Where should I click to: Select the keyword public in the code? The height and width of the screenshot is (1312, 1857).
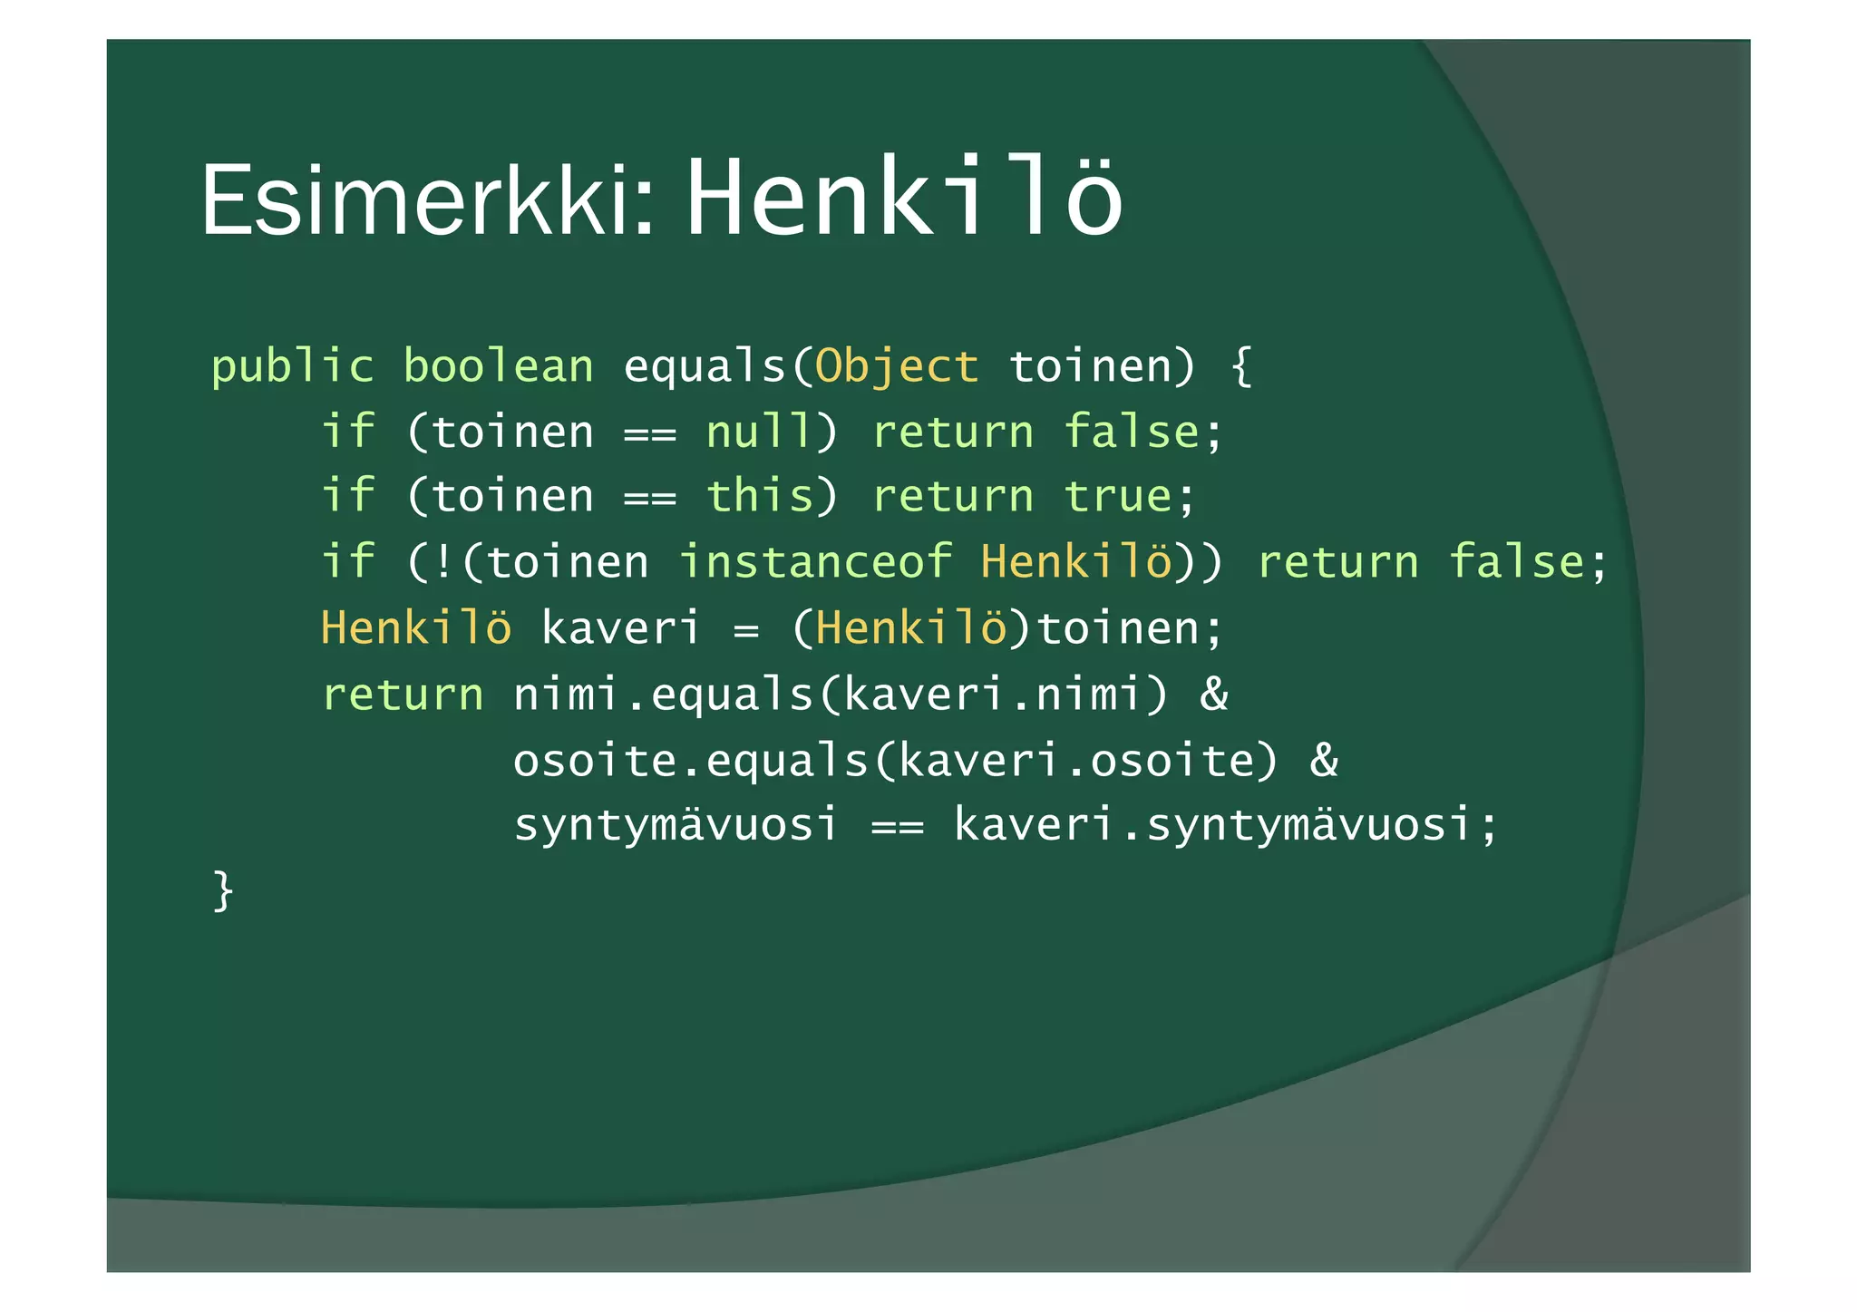coord(292,366)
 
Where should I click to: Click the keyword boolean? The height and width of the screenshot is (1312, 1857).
coord(498,366)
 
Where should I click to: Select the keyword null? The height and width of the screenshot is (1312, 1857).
coord(760,432)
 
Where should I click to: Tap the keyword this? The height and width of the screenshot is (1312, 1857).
coord(760,496)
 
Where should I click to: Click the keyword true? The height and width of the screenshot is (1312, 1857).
coord(1118,497)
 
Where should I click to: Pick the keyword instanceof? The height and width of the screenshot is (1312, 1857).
coord(815,561)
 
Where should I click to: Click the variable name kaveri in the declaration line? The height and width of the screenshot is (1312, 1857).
coord(621,627)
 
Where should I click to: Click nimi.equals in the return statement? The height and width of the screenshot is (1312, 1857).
coord(663,695)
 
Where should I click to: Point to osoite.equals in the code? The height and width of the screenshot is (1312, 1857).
coord(690,760)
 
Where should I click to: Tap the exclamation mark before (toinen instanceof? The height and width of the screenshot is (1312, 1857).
coord(444,562)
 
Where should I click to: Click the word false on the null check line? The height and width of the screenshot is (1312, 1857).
coord(1133,432)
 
